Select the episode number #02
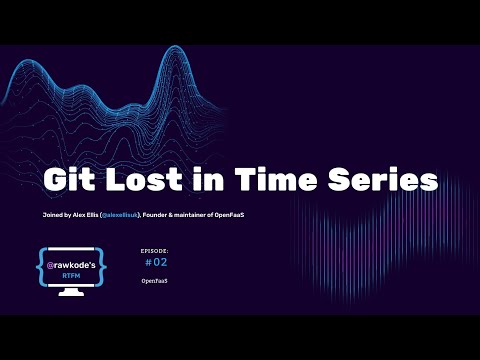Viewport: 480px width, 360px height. click(157, 263)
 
